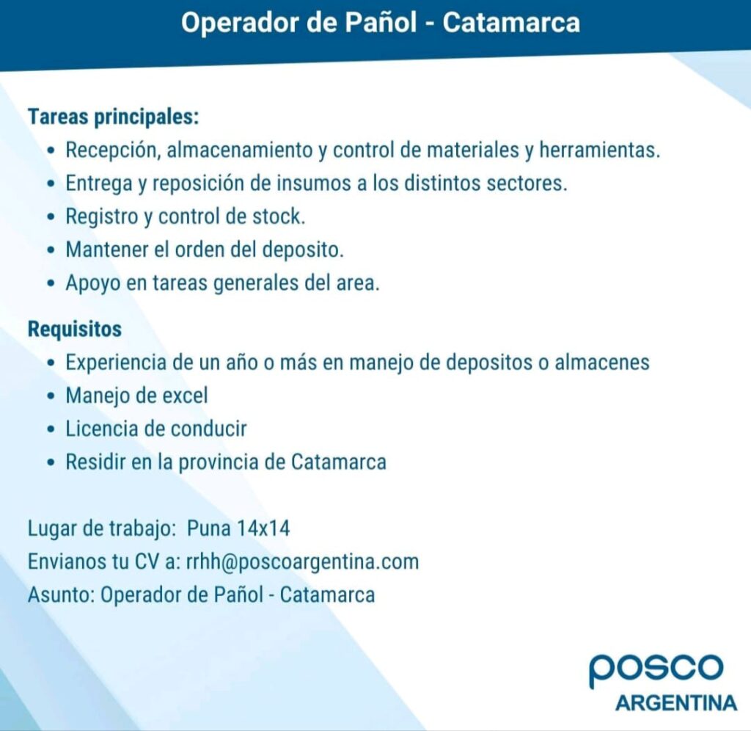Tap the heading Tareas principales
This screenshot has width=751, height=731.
click(x=114, y=117)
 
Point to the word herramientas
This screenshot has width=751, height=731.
click(x=600, y=150)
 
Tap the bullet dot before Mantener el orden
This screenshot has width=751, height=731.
click(x=51, y=250)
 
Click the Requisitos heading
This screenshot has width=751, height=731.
click(x=75, y=330)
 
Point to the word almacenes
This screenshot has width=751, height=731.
click(x=602, y=362)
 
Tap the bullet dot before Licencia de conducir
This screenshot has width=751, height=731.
click(x=51, y=429)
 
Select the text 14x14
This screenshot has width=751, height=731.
click(x=263, y=528)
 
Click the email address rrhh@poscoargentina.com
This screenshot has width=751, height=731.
click(x=302, y=561)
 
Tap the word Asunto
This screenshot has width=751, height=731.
click(x=62, y=595)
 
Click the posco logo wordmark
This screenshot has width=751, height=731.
click(x=656, y=669)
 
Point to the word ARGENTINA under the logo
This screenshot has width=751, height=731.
click(x=676, y=703)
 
